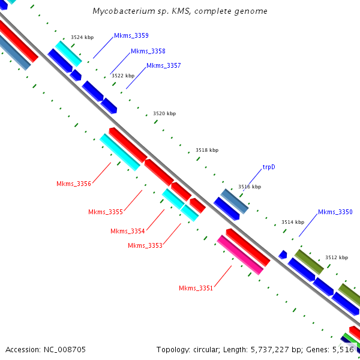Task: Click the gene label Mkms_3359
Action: [x=131, y=35]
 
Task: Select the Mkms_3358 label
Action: [x=148, y=51]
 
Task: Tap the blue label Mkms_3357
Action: [x=164, y=65]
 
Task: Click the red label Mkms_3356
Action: [x=74, y=184]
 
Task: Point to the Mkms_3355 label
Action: [x=106, y=212]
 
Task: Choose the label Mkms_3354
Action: [x=128, y=231]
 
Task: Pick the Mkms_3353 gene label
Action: [x=145, y=245]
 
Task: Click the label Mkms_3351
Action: [x=196, y=288]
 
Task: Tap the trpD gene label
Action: [x=269, y=167]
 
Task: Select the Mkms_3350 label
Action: [x=335, y=212]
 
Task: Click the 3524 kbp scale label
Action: [x=82, y=37]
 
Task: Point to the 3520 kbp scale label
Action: [x=164, y=113]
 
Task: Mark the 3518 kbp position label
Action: [x=207, y=150]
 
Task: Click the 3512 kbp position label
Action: [x=337, y=257]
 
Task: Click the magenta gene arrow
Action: [x=240, y=255]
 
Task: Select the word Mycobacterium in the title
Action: [x=124, y=11]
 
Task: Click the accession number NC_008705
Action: [x=65, y=350]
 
